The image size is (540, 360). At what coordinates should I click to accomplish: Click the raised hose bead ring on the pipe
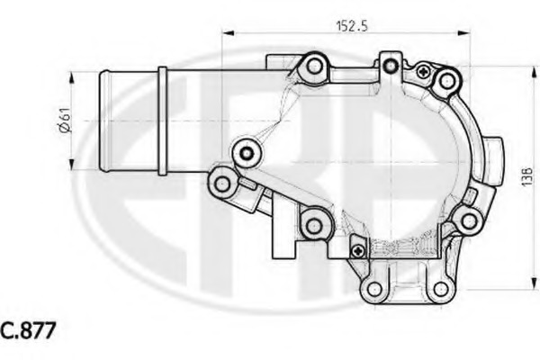click(161, 119)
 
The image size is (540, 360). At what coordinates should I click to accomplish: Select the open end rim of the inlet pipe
click(100, 119)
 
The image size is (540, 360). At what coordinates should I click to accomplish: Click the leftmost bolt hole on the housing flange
click(222, 184)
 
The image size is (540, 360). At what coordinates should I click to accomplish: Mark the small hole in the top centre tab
click(389, 65)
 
